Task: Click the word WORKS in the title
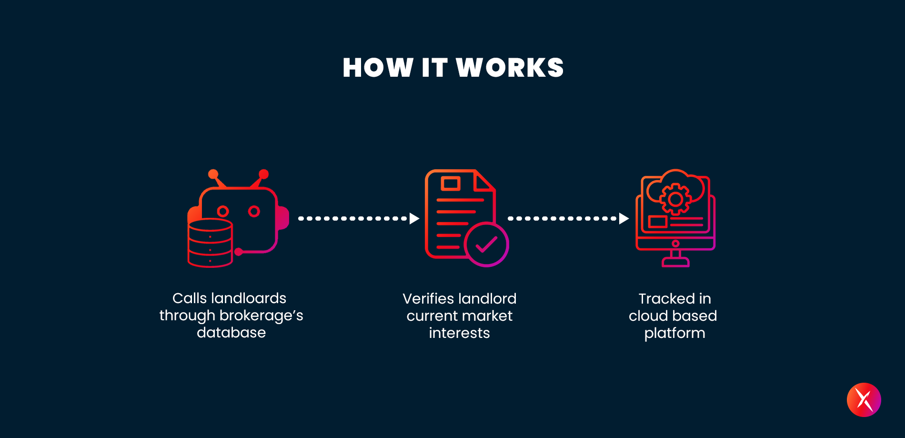click(x=510, y=67)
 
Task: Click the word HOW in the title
click(x=378, y=67)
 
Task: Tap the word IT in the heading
click(x=434, y=67)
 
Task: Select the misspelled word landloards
click(x=249, y=298)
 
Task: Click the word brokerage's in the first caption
click(x=261, y=316)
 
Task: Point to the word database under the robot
click(x=231, y=332)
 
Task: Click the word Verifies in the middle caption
click(x=428, y=299)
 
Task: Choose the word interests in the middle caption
click(x=459, y=333)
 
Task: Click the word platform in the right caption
click(x=674, y=334)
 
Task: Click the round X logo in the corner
click(x=864, y=400)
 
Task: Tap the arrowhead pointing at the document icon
click(x=414, y=218)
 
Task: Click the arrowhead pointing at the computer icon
click(x=624, y=218)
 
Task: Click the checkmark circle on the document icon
click(x=487, y=244)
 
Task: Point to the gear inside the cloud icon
click(x=675, y=199)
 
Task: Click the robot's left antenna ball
click(x=213, y=174)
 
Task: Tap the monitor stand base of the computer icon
click(x=675, y=262)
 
